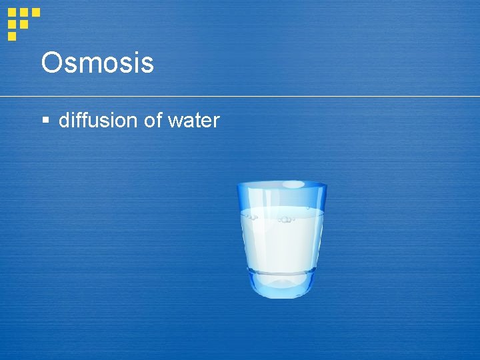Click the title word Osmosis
(x=97, y=63)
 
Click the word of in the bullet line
(x=153, y=120)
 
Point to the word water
(x=193, y=121)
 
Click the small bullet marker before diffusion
(x=45, y=121)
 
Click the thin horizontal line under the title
(x=267, y=97)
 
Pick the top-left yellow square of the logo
(x=11, y=12)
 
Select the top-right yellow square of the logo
(x=36, y=12)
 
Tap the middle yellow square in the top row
(x=24, y=12)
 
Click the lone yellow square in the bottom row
(x=11, y=36)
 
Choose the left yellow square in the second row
(x=11, y=24)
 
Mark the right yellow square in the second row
(x=24, y=24)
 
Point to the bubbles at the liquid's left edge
(x=252, y=216)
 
